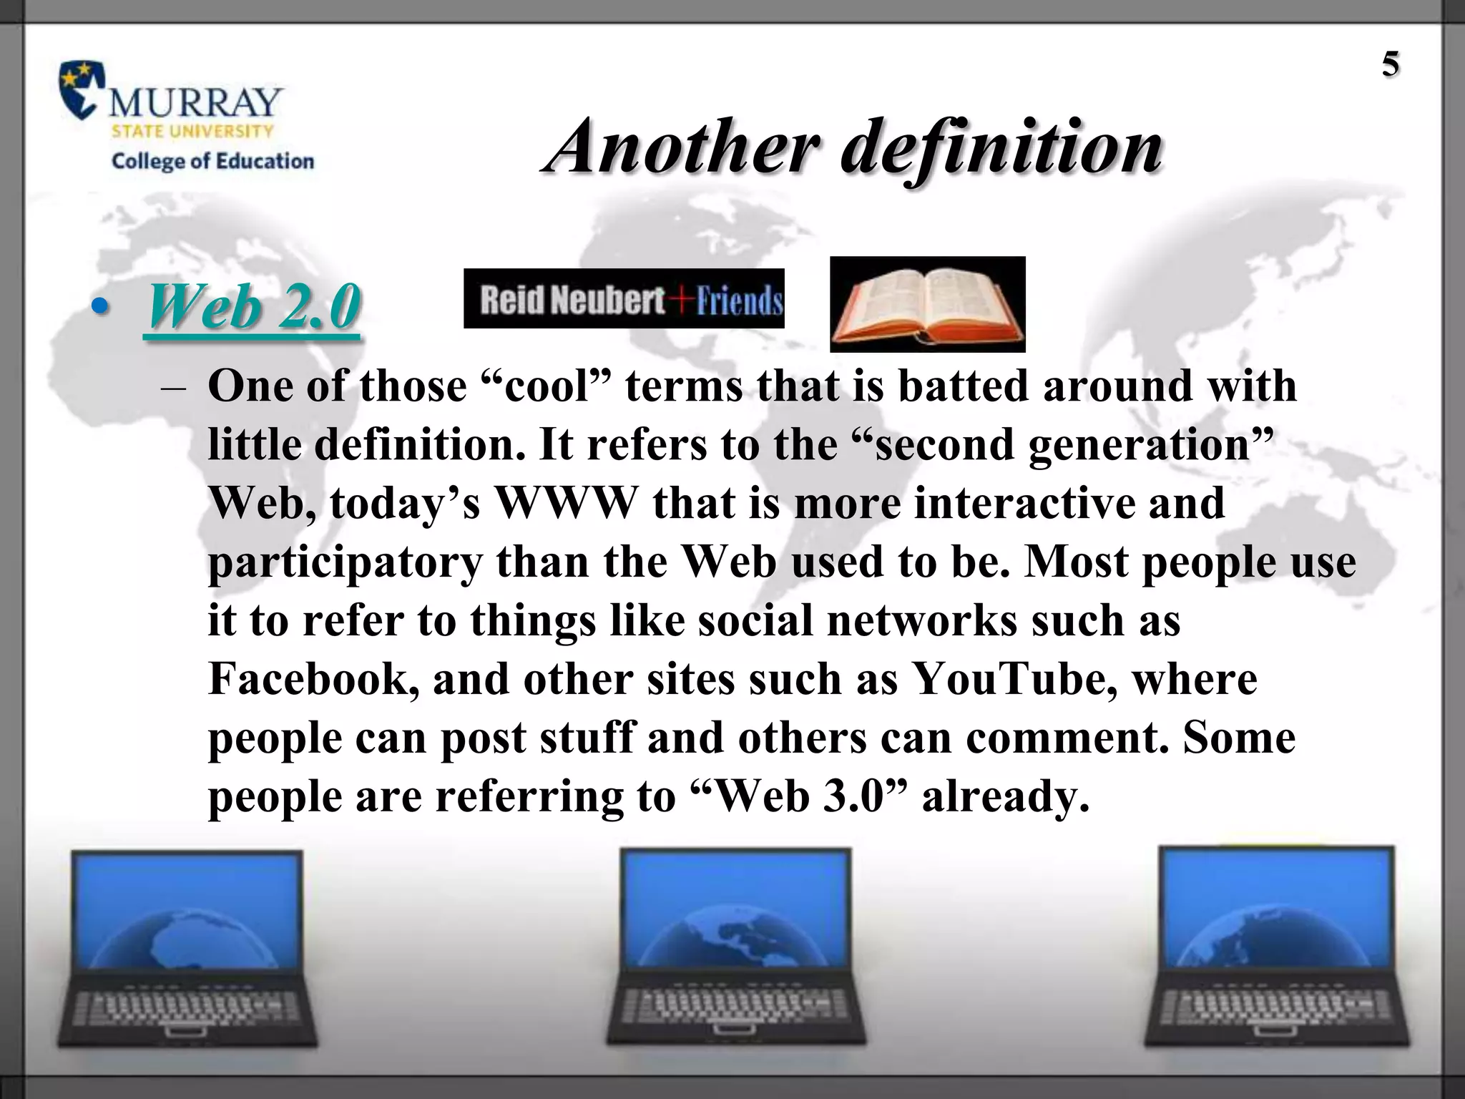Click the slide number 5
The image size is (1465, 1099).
click(x=1390, y=65)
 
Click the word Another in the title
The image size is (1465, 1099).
click(x=684, y=147)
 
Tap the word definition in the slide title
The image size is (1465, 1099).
click(x=1001, y=148)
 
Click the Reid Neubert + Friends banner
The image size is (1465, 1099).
click(x=624, y=299)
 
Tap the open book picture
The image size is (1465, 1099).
click(x=927, y=305)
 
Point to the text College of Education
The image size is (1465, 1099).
click(x=212, y=161)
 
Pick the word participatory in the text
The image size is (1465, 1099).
click(x=346, y=562)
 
